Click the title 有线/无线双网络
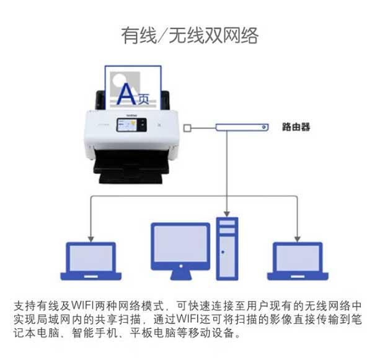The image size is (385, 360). (x=190, y=36)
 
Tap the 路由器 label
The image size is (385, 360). (x=296, y=127)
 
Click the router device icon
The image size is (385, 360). (x=242, y=127)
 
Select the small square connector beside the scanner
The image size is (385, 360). (x=187, y=128)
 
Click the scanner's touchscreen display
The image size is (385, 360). (x=131, y=125)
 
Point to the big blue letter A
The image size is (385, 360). (x=126, y=94)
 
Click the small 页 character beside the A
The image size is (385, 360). (x=143, y=99)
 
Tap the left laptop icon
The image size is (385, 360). (x=91, y=261)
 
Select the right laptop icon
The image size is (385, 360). (x=298, y=261)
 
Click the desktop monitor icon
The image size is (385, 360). (x=180, y=251)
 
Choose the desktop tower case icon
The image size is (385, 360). (x=227, y=249)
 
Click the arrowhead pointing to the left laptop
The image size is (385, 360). (x=91, y=239)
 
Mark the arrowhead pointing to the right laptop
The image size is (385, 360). (x=298, y=239)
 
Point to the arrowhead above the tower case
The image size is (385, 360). (x=227, y=214)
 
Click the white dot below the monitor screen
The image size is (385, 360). (x=181, y=266)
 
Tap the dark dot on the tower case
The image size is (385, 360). (x=223, y=252)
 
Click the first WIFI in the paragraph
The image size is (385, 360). (x=82, y=305)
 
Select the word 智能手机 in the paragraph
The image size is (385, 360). (x=95, y=333)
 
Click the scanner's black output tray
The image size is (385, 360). (x=131, y=166)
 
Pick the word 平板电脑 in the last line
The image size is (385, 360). (x=153, y=333)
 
